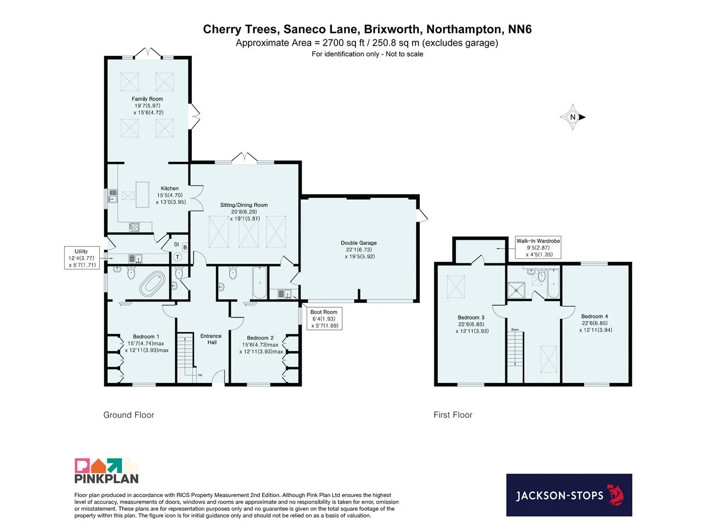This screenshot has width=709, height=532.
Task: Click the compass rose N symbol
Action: [x=573, y=117]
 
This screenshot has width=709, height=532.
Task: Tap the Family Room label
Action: [x=147, y=99]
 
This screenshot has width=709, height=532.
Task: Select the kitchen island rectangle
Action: [x=142, y=194]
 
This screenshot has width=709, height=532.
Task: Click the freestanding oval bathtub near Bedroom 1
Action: [x=152, y=284]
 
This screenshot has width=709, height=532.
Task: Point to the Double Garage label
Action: [x=359, y=243]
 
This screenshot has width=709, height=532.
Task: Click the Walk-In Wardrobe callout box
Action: [x=538, y=247]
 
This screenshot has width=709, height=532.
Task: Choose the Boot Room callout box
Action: [x=324, y=318]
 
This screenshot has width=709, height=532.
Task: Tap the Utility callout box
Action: [x=82, y=258]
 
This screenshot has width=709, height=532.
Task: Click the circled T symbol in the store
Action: [x=177, y=257]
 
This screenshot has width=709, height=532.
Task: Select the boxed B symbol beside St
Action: [x=185, y=247]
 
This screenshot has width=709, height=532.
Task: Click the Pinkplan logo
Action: [x=107, y=471]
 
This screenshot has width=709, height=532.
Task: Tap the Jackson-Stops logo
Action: [x=569, y=495]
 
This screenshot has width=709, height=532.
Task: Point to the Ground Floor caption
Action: [x=129, y=415]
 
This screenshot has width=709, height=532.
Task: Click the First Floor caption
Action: [x=453, y=415]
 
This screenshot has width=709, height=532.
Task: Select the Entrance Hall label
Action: [x=211, y=339]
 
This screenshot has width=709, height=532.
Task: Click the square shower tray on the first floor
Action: [x=516, y=290]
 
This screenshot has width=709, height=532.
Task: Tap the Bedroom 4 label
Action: [x=595, y=316]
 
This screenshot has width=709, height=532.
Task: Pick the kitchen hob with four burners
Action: [x=134, y=227]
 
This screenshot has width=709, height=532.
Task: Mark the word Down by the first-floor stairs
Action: [x=515, y=330]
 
